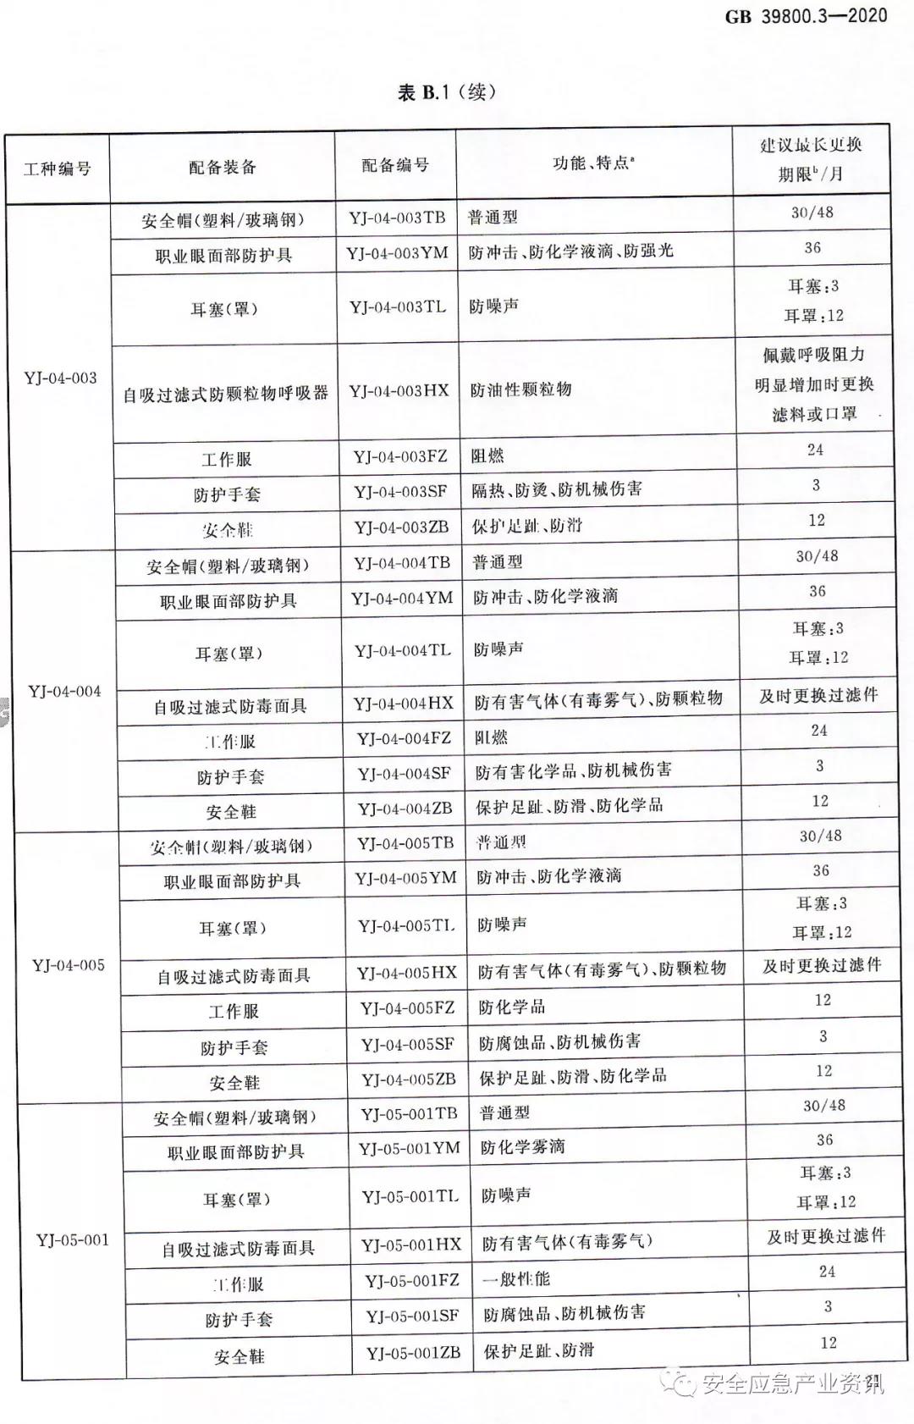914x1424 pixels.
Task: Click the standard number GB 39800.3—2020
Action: click(806, 16)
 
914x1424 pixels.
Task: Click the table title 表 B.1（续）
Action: click(447, 92)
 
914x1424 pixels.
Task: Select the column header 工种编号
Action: click(58, 168)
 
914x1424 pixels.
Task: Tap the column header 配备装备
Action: click(223, 167)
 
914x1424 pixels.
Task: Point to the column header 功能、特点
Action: click(593, 163)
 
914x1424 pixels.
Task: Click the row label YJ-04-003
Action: click(61, 378)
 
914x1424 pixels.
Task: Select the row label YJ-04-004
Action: click(64, 691)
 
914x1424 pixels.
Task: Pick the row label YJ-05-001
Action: click(73, 1240)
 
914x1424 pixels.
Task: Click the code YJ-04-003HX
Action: click(399, 390)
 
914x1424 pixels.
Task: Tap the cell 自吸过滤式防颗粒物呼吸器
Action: click(226, 394)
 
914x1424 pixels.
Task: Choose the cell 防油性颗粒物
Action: click(521, 389)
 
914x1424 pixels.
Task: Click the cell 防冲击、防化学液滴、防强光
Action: click(571, 251)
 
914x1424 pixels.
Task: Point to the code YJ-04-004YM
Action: click(403, 599)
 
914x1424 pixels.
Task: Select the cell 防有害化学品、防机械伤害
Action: click(573, 770)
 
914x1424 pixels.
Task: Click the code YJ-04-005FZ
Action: click(408, 1008)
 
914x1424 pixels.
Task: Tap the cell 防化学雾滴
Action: click(522, 1147)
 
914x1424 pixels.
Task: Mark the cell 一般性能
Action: click(516, 1278)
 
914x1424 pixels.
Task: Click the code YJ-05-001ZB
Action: click(414, 1352)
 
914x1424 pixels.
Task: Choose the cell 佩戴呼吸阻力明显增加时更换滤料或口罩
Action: click(814, 384)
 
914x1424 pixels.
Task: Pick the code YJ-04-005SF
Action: click(408, 1044)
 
